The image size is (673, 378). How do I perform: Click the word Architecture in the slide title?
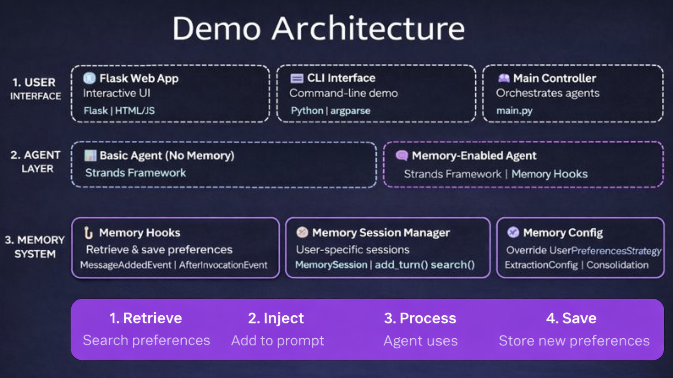(x=368, y=28)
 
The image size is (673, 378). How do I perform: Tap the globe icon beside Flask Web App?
(x=89, y=78)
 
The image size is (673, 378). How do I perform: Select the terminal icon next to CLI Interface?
(x=297, y=79)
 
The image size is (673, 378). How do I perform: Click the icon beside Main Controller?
(x=504, y=79)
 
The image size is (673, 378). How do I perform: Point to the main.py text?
(x=514, y=111)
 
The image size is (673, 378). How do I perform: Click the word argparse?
(x=350, y=111)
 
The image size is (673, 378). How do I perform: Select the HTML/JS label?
(x=135, y=111)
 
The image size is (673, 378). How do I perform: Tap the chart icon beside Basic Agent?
(x=90, y=155)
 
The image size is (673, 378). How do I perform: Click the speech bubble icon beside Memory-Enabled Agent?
(x=402, y=155)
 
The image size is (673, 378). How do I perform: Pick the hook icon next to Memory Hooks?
(x=88, y=233)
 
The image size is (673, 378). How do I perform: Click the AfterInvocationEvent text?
(x=223, y=265)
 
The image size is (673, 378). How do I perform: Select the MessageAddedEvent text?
(x=125, y=265)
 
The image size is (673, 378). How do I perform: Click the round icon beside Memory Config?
(x=513, y=232)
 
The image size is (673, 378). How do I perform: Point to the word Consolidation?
(x=617, y=265)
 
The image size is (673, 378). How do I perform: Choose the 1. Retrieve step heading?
(x=146, y=318)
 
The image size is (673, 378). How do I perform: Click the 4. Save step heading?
(x=571, y=318)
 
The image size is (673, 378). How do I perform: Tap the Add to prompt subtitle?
(x=278, y=340)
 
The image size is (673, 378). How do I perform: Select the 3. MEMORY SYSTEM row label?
(x=35, y=247)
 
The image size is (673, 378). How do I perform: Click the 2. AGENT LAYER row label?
(x=36, y=162)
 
